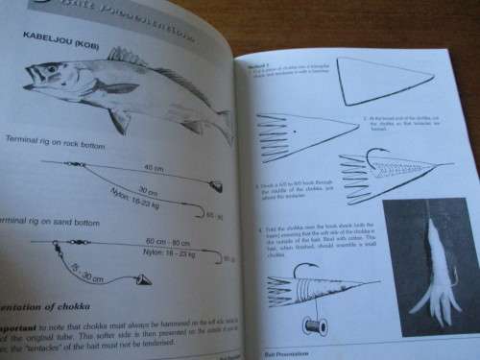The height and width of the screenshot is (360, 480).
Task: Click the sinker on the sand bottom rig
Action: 142,280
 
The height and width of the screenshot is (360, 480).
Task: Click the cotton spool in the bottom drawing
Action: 313,326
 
